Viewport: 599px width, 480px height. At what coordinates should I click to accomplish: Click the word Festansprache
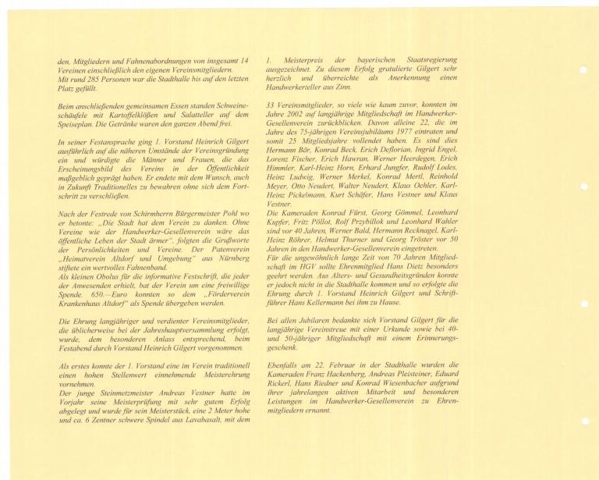[87, 143]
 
